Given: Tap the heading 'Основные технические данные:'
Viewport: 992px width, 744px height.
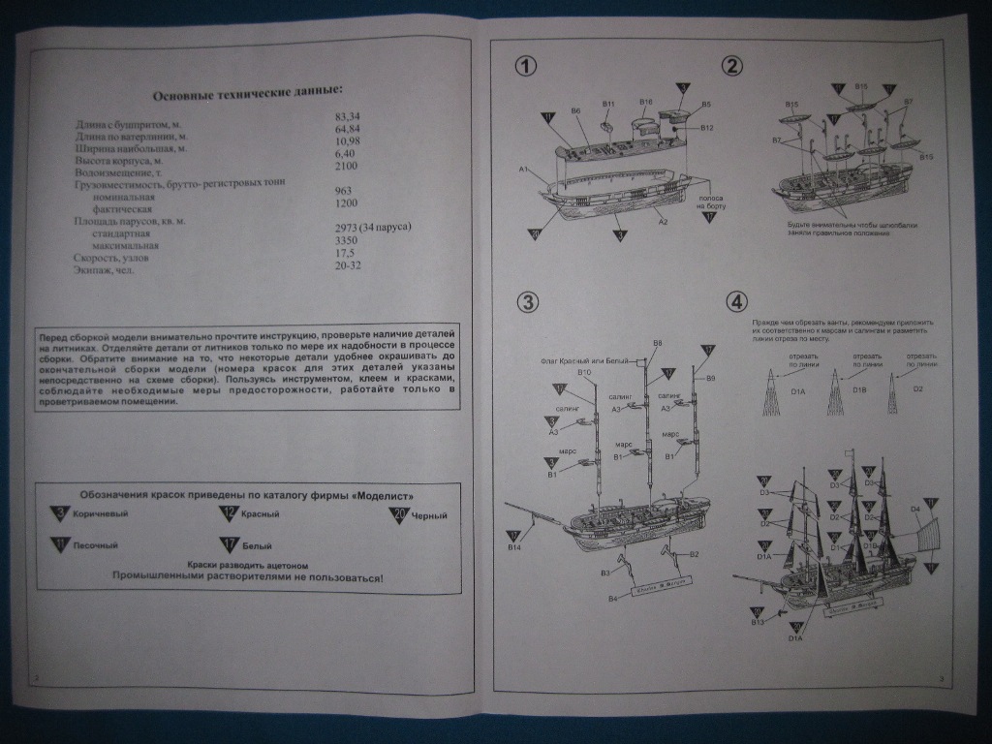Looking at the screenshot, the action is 247,92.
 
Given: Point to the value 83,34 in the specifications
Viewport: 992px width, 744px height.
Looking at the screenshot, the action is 347,116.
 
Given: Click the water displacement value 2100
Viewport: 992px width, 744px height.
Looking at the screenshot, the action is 347,167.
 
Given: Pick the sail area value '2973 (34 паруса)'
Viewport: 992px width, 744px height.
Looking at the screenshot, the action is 373,227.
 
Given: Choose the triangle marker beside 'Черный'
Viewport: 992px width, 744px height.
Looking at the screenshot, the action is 398,514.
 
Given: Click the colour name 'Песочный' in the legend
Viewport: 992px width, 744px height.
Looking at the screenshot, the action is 95,545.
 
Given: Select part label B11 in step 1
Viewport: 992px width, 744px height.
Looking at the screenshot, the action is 608,104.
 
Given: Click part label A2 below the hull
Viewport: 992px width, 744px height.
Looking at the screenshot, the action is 664,222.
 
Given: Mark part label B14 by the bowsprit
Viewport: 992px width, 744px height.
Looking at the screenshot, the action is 514,549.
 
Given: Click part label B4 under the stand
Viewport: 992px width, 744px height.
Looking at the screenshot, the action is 612,599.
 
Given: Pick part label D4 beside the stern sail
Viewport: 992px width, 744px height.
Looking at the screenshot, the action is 914,509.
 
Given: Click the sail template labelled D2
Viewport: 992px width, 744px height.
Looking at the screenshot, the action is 918,388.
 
